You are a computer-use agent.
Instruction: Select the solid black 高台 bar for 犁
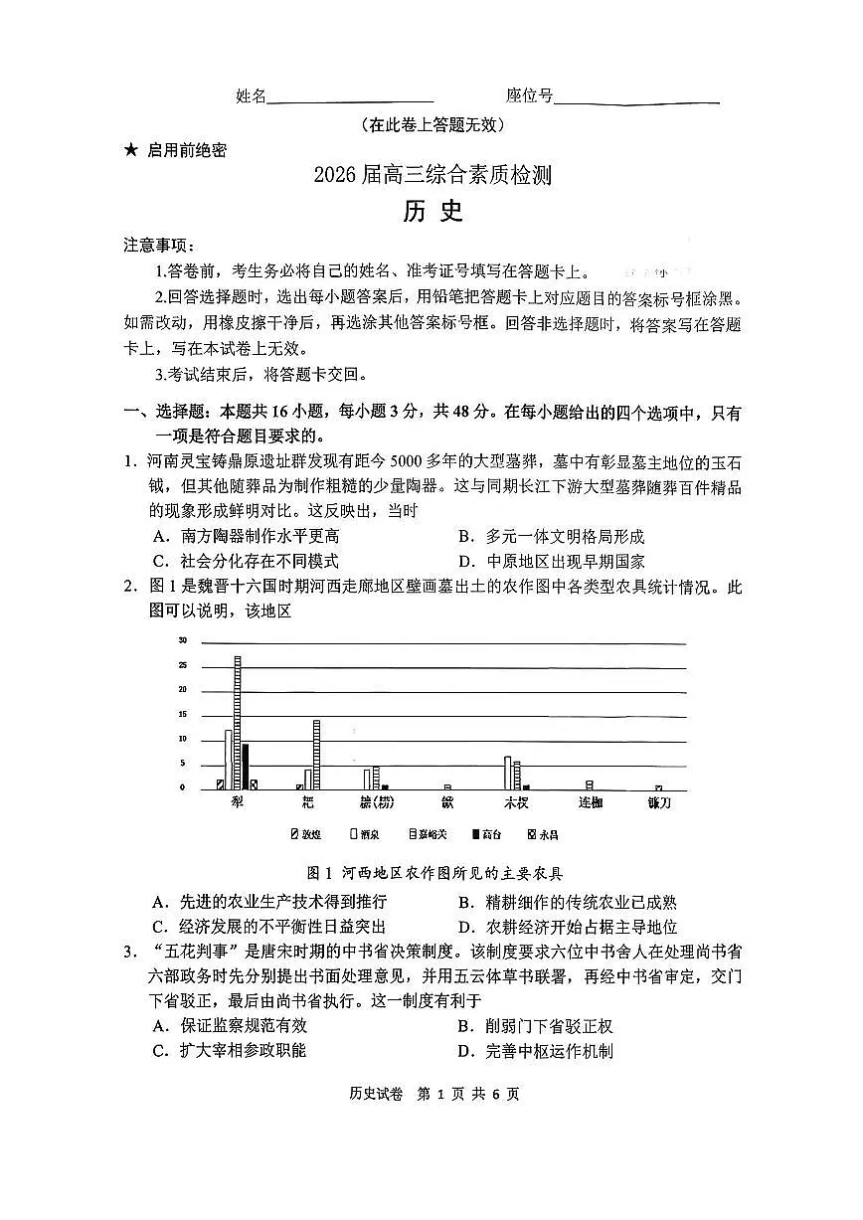coord(246,767)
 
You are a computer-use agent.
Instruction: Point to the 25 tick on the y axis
coord(182,689)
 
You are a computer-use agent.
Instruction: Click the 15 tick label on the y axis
coord(182,714)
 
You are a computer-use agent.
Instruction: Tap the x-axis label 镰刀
coord(659,801)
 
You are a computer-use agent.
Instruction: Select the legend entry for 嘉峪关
coord(426,833)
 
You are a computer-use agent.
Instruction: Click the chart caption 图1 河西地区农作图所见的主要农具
coord(435,873)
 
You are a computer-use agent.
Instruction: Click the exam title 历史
coord(432,212)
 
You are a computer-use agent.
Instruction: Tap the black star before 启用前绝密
coord(130,150)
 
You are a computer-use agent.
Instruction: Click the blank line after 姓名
coord(350,98)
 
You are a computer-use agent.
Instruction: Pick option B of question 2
coord(567,903)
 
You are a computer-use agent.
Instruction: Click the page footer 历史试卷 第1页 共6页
coord(434,1094)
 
